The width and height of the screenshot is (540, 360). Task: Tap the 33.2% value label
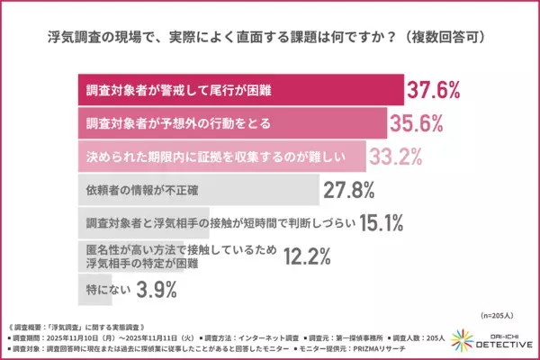(x=397, y=157)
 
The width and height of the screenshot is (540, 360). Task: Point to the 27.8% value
(x=352, y=190)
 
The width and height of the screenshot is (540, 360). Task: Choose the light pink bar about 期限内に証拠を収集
(x=217, y=157)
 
